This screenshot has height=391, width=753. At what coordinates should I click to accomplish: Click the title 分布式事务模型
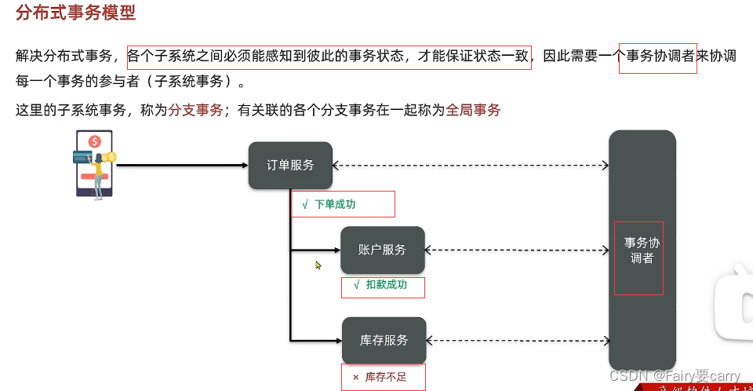[x=75, y=13]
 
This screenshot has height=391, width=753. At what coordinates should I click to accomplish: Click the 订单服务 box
[x=290, y=166]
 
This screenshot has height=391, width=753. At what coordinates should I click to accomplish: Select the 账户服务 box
[x=382, y=250]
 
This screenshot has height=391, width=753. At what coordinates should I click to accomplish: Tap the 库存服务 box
[x=384, y=340]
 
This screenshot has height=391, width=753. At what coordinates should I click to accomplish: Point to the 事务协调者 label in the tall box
[x=642, y=250]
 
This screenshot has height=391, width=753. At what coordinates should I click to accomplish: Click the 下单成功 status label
[x=335, y=204]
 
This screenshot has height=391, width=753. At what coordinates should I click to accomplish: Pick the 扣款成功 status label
[x=386, y=285]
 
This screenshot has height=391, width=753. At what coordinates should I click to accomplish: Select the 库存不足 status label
[x=386, y=378]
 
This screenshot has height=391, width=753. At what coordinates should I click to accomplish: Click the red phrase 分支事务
[x=196, y=111]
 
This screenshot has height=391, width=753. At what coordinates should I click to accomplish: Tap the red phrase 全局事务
[x=473, y=111]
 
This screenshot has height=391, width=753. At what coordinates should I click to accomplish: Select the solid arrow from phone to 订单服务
[x=180, y=166]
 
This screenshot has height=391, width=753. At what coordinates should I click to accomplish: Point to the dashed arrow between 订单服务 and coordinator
[x=471, y=166]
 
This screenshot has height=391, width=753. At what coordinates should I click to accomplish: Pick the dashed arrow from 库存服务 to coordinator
[x=518, y=340]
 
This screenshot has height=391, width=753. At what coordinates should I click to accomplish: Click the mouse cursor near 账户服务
[x=318, y=265]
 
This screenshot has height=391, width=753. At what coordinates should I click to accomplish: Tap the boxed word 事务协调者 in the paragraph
[x=657, y=57]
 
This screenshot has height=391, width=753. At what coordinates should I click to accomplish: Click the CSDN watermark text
[x=675, y=376]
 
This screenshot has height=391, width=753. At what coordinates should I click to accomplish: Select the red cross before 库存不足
[x=355, y=378]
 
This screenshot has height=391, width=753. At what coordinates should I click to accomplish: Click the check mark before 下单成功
[x=304, y=204]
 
